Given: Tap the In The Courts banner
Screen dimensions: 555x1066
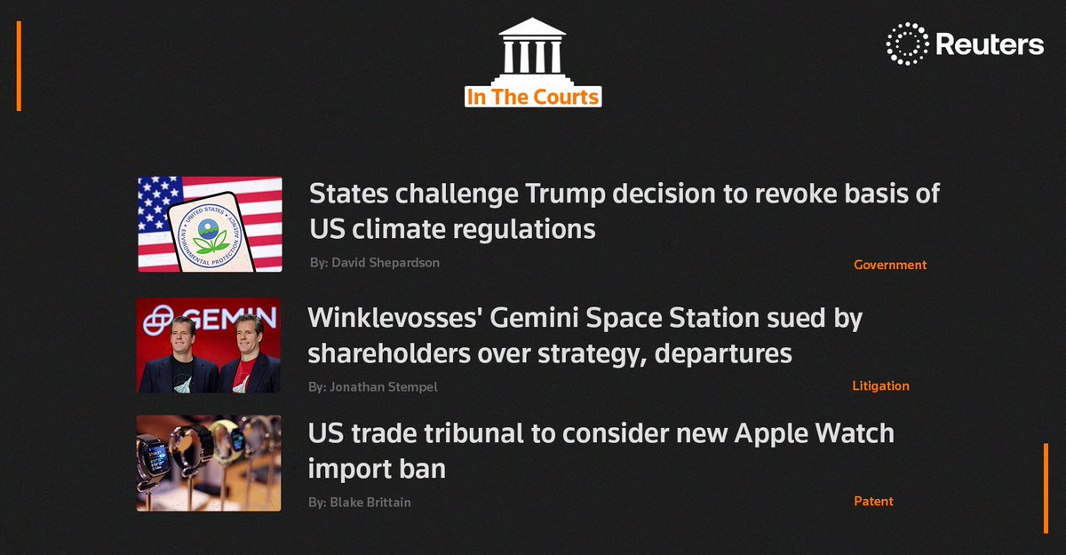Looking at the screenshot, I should (x=533, y=96).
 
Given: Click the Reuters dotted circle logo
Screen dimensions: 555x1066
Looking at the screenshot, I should (x=906, y=44).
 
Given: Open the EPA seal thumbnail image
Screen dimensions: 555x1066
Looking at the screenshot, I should (x=210, y=225).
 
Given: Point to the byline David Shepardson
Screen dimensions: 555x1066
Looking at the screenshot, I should (x=386, y=263).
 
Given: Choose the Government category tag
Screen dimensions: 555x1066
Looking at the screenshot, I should (x=889, y=265).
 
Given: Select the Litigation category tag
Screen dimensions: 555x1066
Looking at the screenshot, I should (x=880, y=386).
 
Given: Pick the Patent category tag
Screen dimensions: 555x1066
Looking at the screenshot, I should (x=873, y=502).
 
